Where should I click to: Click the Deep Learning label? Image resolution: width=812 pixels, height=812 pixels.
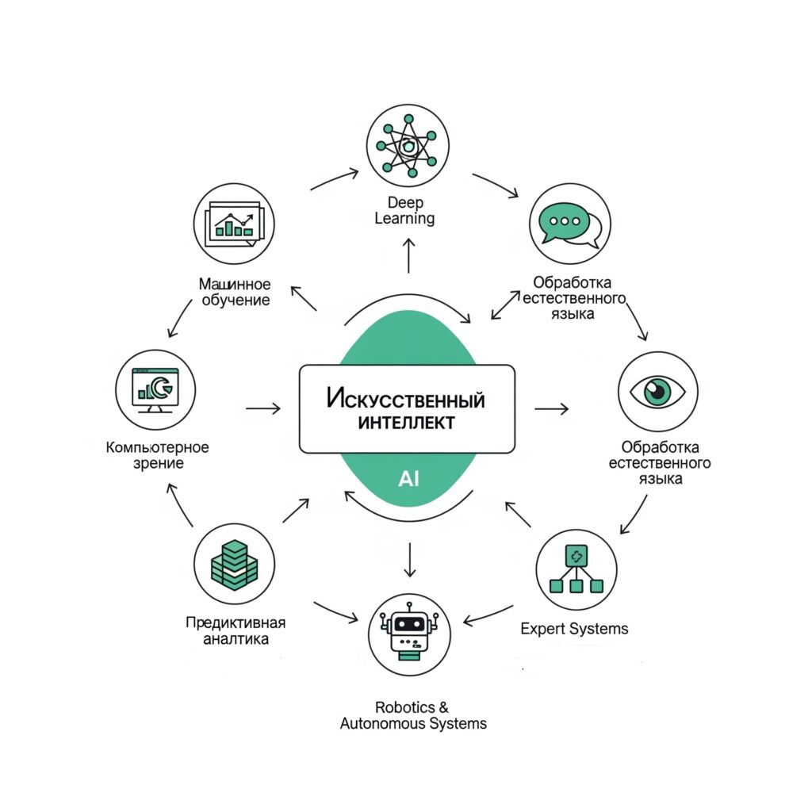[404, 210]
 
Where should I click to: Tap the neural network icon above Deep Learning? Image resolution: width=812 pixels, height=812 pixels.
[408, 146]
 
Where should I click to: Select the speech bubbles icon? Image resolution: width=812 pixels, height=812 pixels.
[570, 224]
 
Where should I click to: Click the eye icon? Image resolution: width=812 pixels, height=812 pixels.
[657, 392]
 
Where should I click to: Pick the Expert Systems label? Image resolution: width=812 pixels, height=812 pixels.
[574, 629]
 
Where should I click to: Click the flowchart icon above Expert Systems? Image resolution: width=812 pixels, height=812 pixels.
[576, 569]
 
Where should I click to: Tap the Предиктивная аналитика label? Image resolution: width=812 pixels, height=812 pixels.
[236, 630]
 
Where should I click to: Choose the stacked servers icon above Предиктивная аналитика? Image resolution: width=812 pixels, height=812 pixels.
[235, 564]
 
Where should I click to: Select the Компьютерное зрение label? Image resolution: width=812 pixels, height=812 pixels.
[158, 454]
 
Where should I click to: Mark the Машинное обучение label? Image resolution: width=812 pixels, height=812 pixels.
[235, 292]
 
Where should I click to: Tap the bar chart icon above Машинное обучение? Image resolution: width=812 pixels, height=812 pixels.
[234, 224]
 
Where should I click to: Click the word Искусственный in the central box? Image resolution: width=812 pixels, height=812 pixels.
[406, 399]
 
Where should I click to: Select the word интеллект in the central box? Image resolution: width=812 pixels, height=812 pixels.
[407, 423]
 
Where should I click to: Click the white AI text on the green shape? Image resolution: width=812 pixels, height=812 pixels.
[408, 479]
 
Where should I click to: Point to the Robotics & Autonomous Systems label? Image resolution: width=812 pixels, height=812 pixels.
[413, 715]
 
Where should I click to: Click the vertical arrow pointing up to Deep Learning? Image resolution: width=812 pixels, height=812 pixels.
[408, 255]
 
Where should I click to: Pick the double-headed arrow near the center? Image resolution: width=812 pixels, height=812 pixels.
[505, 305]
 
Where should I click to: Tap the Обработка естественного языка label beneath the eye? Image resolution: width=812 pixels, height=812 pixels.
[660, 462]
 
